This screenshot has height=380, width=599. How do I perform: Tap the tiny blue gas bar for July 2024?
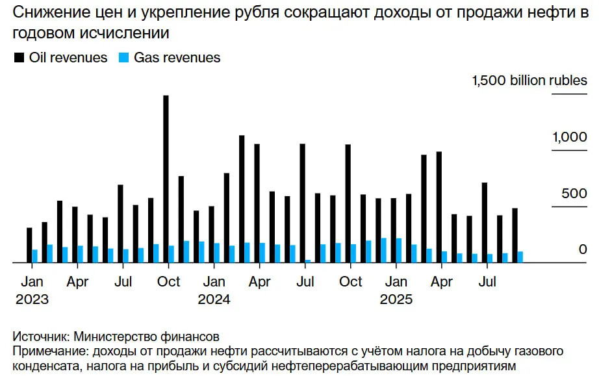(308, 261)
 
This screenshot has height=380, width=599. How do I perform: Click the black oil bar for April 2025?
(439, 207)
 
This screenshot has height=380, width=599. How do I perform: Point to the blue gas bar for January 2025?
(398, 251)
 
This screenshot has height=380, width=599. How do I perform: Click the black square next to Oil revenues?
(19, 58)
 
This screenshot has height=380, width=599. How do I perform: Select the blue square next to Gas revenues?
(123, 58)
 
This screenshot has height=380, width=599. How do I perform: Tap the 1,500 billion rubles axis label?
(529, 81)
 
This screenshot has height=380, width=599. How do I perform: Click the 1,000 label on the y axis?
(569, 138)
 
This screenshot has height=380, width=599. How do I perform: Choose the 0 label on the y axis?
(583, 250)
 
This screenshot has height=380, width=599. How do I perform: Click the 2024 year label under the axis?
(214, 300)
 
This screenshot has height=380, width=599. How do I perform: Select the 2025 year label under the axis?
(396, 300)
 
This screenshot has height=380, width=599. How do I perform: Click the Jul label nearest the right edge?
(487, 283)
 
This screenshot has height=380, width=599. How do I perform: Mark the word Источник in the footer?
(40, 337)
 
